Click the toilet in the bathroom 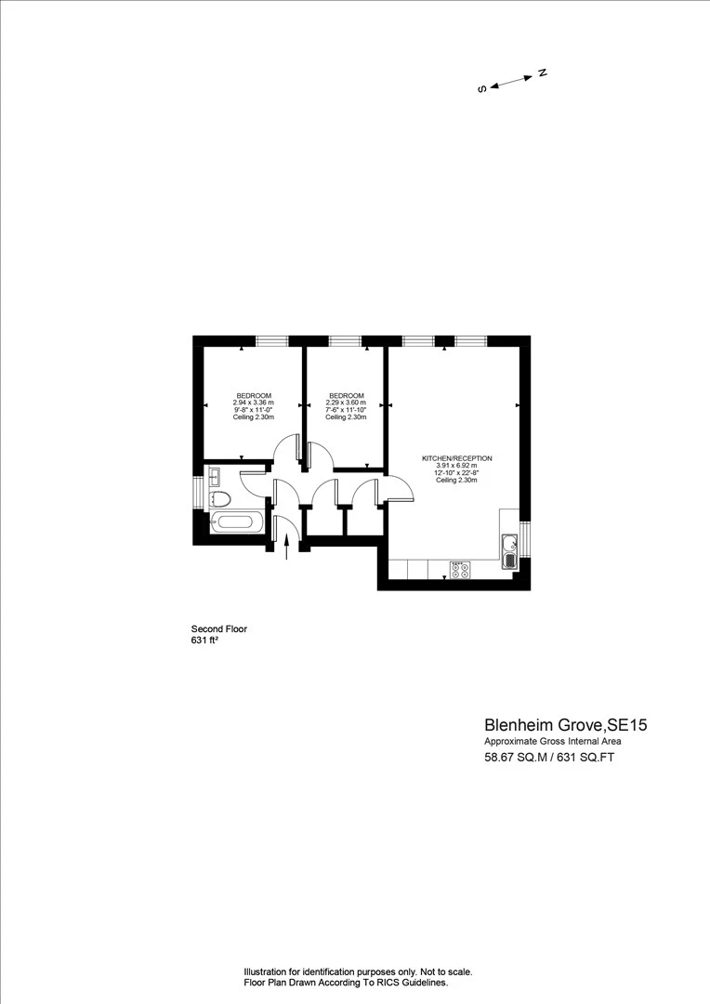tap(219, 500)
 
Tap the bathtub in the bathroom tap(236, 522)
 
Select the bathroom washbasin tap(215, 477)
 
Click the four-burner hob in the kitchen tap(460, 569)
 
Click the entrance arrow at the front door tap(286, 548)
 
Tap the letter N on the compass tap(543, 73)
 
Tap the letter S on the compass tap(482, 89)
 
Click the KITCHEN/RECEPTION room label tap(456, 458)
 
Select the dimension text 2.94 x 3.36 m tap(254, 403)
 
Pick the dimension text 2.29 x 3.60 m tap(346, 403)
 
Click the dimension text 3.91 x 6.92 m tap(456, 466)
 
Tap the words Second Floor tap(219, 628)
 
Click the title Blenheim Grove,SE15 tap(565, 725)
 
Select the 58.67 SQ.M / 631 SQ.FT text tap(549, 758)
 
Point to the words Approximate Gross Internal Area tap(553, 742)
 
